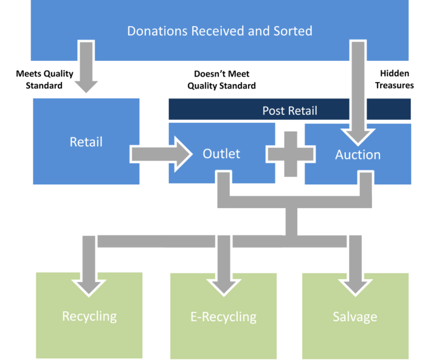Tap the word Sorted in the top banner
[293, 31]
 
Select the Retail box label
[86, 142]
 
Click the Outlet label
[221, 153]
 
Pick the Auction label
[357, 155]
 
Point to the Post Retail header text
[289, 111]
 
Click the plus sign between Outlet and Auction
[291, 154]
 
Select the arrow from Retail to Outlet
[161, 154]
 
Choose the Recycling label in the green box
[89, 316]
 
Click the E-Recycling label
[223, 317]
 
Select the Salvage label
[355, 317]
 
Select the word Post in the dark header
[273, 111]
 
